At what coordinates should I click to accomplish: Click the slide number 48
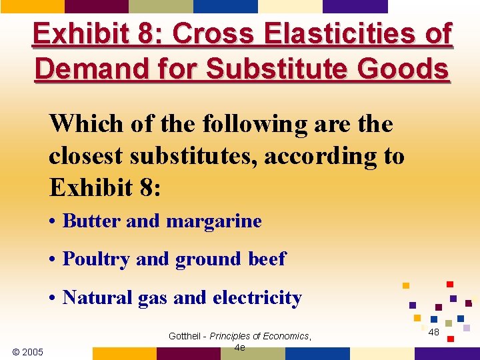tap(433, 332)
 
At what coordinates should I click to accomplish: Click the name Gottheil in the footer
tap(185, 336)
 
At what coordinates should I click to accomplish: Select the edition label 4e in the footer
tap(240, 347)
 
